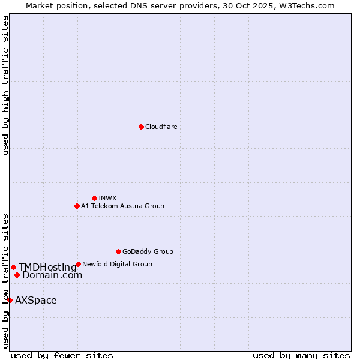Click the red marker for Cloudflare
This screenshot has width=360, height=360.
tap(141, 127)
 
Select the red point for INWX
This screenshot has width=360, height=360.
tap(94, 198)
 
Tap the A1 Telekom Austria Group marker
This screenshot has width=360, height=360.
tap(77, 206)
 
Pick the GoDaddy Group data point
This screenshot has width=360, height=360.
tap(118, 251)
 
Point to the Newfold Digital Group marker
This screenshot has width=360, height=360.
tap(78, 264)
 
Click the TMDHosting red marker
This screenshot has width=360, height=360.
tap(13, 267)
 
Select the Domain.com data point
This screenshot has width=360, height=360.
tap(17, 275)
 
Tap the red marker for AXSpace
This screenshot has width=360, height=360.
tap(10, 300)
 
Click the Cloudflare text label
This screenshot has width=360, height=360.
tap(161, 127)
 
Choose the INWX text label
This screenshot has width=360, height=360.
tap(107, 198)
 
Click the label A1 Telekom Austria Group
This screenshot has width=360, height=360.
tap(122, 206)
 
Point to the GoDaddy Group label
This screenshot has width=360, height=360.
tap(148, 251)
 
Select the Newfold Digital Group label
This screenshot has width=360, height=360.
tap(117, 264)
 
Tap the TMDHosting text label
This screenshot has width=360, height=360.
tap(47, 267)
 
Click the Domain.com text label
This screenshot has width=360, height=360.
tap(52, 275)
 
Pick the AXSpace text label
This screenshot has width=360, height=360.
tap(36, 300)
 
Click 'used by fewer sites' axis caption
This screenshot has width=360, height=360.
tap(62, 355)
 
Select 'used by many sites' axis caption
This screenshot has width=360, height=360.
tap(301, 355)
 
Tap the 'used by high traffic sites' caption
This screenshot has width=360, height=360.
tap(5, 85)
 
